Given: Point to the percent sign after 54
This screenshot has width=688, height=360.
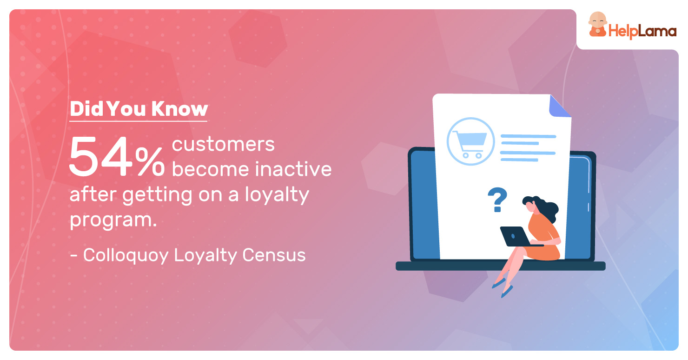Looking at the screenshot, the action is click(x=150, y=161).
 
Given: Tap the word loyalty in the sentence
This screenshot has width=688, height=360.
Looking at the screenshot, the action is click(x=277, y=195).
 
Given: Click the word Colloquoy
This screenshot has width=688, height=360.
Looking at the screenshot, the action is click(x=126, y=255).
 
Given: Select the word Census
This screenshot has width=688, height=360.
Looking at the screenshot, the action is click(x=274, y=255).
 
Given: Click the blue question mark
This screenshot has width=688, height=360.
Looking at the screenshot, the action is click(x=497, y=200).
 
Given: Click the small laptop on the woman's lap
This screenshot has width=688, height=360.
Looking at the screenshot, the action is click(x=518, y=236).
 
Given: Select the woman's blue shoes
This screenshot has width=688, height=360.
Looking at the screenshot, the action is click(x=503, y=287).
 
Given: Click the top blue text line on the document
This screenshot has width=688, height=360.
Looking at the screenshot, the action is click(x=528, y=136).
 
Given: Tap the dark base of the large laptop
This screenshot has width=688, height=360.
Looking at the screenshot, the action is click(x=500, y=266).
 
